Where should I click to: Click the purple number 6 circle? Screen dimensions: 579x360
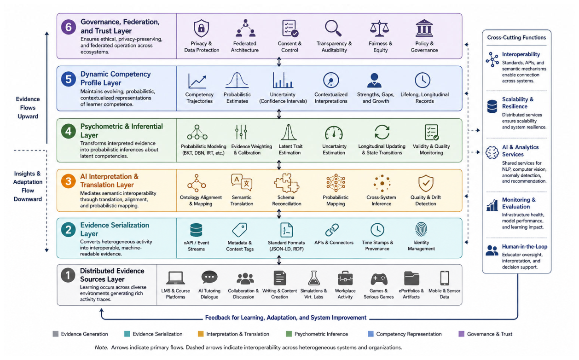tap(69, 27)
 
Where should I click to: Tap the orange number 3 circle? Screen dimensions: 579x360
tap(69, 181)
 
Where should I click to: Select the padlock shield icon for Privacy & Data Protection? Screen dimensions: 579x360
tap(201, 28)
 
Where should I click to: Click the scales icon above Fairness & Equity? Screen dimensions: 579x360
tap(379, 28)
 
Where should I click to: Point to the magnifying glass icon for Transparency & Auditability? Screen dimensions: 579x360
tap(333, 28)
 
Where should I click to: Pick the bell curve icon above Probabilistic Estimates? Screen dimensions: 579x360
tap(237, 80)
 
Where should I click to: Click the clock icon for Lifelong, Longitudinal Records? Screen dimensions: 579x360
tap(423, 80)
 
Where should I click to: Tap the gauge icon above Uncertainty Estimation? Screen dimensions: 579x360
tap(334, 133)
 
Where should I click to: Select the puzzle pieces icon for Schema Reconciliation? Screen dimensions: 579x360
tap(286, 183)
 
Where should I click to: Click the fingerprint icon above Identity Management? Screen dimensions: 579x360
tap(421, 229)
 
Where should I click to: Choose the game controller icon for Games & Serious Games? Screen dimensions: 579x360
tap(379, 279)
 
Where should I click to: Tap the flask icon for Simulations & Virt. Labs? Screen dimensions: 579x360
tap(314, 278)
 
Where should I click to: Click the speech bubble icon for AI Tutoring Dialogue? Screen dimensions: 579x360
tap(209, 278)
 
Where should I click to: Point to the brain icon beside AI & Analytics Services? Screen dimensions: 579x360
tap(492, 152)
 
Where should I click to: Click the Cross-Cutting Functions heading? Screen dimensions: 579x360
tap(516, 37)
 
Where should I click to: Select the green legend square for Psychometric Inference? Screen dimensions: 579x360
tap(289, 334)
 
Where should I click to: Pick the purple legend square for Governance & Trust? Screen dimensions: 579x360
tap(461, 334)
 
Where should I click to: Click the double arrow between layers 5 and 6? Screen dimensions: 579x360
tap(279, 62)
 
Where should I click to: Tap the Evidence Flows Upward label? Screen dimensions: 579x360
tap(28, 108)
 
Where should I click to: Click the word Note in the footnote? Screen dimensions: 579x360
tap(101, 347)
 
